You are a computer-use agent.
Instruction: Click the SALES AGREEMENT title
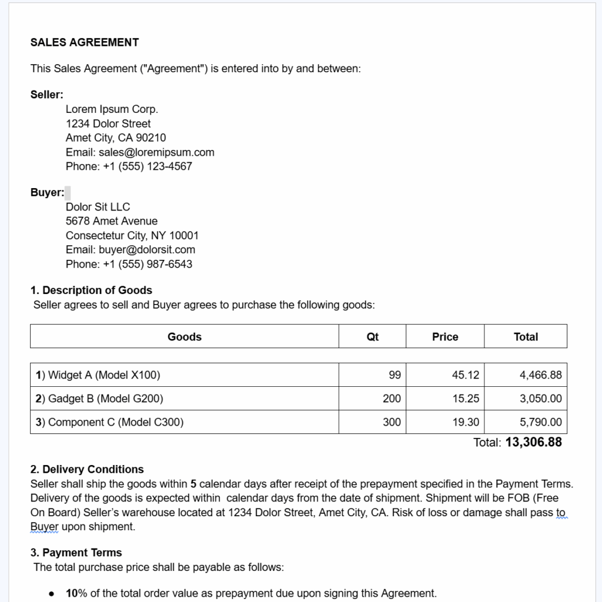(x=85, y=42)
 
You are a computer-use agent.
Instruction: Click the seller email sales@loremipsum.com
(x=156, y=152)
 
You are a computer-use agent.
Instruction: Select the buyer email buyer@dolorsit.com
(x=147, y=250)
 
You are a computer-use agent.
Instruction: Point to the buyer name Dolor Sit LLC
(x=98, y=207)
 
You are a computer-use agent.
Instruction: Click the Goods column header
(x=185, y=337)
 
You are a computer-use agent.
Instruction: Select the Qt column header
(x=372, y=337)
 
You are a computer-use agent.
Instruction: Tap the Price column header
(x=445, y=337)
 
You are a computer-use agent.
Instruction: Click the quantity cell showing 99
(x=394, y=375)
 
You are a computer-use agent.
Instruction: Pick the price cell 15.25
(x=466, y=399)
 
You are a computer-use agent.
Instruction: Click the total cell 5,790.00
(x=540, y=422)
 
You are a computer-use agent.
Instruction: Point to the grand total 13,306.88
(x=533, y=442)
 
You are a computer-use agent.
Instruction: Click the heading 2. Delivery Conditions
(x=87, y=469)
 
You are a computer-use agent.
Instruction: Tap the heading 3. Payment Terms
(x=76, y=553)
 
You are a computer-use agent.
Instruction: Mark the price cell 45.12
(x=466, y=375)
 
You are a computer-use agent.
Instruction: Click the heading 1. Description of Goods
(x=91, y=290)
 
